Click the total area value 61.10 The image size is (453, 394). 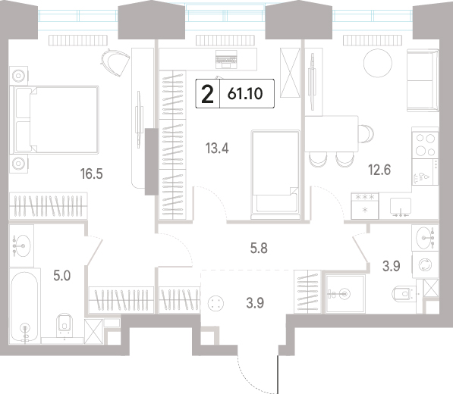pos(245,94)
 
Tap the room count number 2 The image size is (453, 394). pos(207,94)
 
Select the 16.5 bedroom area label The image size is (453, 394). pos(92,174)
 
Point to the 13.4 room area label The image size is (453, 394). pos(217,149)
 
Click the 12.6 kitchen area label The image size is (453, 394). pos(379,170)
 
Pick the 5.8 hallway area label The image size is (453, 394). pos(259,248)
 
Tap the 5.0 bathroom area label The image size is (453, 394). pos(61,276)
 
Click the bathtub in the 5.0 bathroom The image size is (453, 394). pos(24,306)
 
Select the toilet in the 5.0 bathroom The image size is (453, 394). pos(65,325)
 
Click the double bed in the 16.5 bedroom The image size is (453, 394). pos(55,120)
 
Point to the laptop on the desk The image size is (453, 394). pos(226,59)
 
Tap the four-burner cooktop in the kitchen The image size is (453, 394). pos(425,145)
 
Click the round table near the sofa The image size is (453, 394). pos(378,63)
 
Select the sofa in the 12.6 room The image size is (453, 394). pos(423,80)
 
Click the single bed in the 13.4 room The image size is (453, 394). pos(275,174)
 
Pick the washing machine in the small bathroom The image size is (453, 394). pos(426,264)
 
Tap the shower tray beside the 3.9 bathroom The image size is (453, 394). pos(345,294)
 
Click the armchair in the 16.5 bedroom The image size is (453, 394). pos(115,61)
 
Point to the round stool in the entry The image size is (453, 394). pos(215,304)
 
